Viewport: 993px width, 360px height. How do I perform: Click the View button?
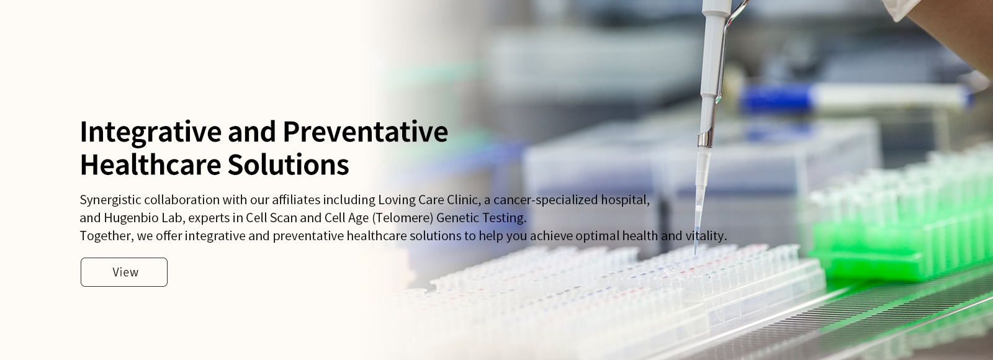124,272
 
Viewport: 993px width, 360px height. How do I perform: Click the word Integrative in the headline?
151,133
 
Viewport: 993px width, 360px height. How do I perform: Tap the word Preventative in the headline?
366,132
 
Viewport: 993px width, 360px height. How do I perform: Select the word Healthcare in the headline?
151,164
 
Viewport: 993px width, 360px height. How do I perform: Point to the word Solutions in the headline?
289,164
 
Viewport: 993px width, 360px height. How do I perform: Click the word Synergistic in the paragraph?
110,200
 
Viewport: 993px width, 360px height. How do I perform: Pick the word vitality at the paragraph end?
706,236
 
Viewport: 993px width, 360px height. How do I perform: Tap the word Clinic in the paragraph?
464,200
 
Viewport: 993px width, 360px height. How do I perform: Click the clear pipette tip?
701,199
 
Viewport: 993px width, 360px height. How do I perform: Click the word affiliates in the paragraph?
295,200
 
